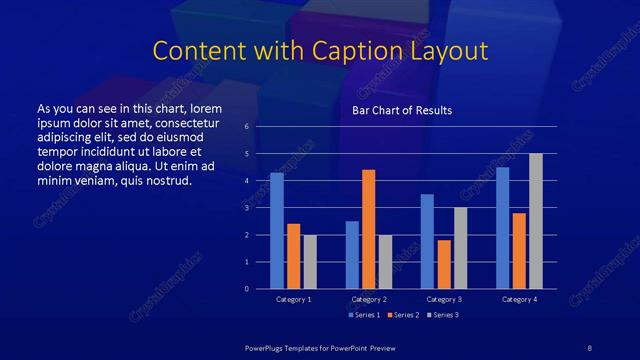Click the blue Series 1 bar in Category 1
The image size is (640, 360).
[x=277, y=231]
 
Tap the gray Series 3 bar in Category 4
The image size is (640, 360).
[x=536, y=221]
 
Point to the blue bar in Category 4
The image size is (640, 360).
[x=503, y=228]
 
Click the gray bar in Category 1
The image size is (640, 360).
[x=310, y=262]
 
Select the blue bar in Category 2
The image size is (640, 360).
[x=352, y=255]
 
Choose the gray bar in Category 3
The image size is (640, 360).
[x=461, y=248]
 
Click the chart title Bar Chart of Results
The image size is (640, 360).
[x=401, y=110]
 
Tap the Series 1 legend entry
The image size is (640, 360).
[x=364, y=315]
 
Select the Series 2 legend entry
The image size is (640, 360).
[x=402, y=315]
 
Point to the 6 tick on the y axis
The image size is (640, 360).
[x=247, y=127]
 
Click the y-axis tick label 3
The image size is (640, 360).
[x=247, y=208]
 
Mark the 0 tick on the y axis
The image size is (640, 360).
[x=247, y=289]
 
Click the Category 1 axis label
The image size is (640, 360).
[x=293, y=299]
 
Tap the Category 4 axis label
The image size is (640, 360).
[x=519, y=299]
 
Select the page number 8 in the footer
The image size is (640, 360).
[x=589, y=347]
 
